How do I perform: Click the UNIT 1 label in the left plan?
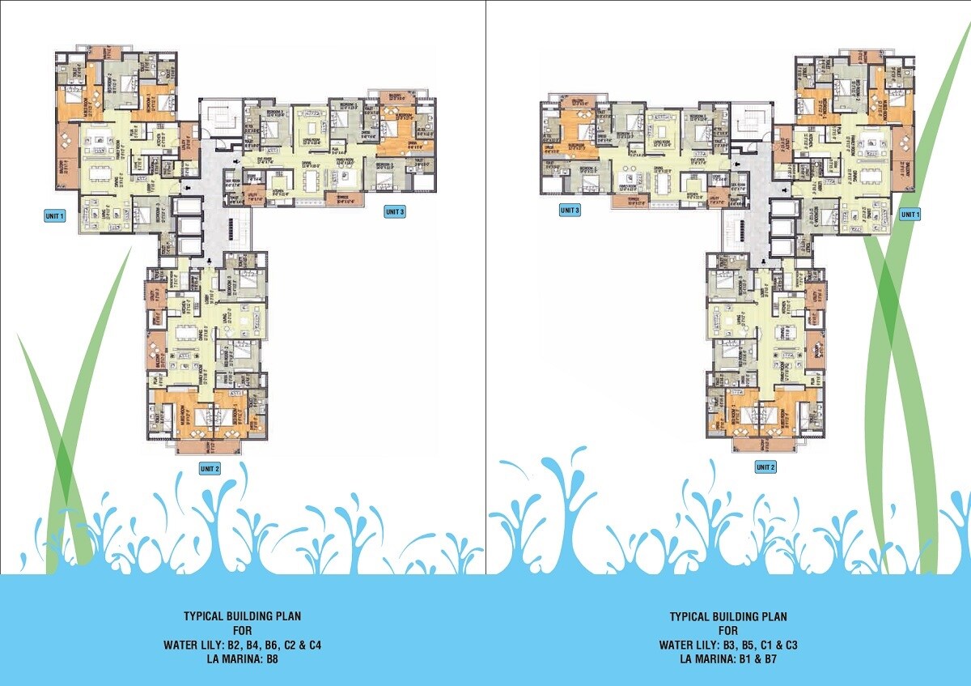click(x=55, y=215)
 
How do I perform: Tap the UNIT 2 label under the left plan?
click(x=210, y=468)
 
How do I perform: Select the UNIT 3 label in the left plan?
click(x=395, y=212)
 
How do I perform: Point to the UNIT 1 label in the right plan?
click(x=910, y=215)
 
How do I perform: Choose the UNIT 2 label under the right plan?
click(x=765, y=467)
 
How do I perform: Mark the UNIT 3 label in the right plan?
click(x=570, y=211)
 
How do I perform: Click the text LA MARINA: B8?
click(x=243, y=659)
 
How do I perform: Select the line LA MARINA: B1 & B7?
click(x=727, y=659)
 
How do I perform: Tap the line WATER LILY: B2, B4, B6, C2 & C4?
click(x=243, y=645)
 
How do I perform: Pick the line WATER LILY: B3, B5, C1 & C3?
click(x=727, y=645)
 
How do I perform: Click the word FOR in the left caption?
click(x=243, y=630)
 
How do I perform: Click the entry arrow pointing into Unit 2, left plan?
click(x=210, y=261)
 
